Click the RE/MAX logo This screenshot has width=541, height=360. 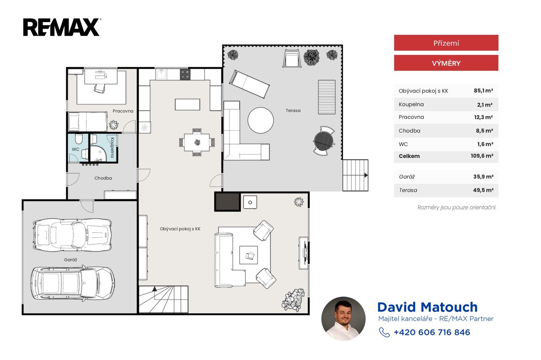point(62,27)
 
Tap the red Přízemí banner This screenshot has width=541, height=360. point(446,43)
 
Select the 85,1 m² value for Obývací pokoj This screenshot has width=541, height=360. point(483,91)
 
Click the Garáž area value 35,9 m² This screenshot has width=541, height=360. point(483,177)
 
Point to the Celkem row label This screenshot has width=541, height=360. point(409,156)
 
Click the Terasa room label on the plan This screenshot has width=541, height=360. point(293,110)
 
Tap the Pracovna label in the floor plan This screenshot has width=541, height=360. point(123,111)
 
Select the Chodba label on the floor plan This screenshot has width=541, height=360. point(103,178)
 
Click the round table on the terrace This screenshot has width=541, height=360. point(261,120)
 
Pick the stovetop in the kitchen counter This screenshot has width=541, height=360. point(185,74)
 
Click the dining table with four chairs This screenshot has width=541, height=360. point(197,142)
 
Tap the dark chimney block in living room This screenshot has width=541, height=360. point(227,202)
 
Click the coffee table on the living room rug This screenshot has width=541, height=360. point(249,255)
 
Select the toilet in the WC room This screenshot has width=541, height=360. point(79,139)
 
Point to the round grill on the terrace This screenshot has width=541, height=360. point(324,141)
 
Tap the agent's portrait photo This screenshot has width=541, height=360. point(343,319)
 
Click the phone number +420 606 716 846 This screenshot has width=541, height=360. point(432,332)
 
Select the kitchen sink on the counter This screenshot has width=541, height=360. point(161,74)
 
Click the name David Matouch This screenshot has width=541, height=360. point(427,307)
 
